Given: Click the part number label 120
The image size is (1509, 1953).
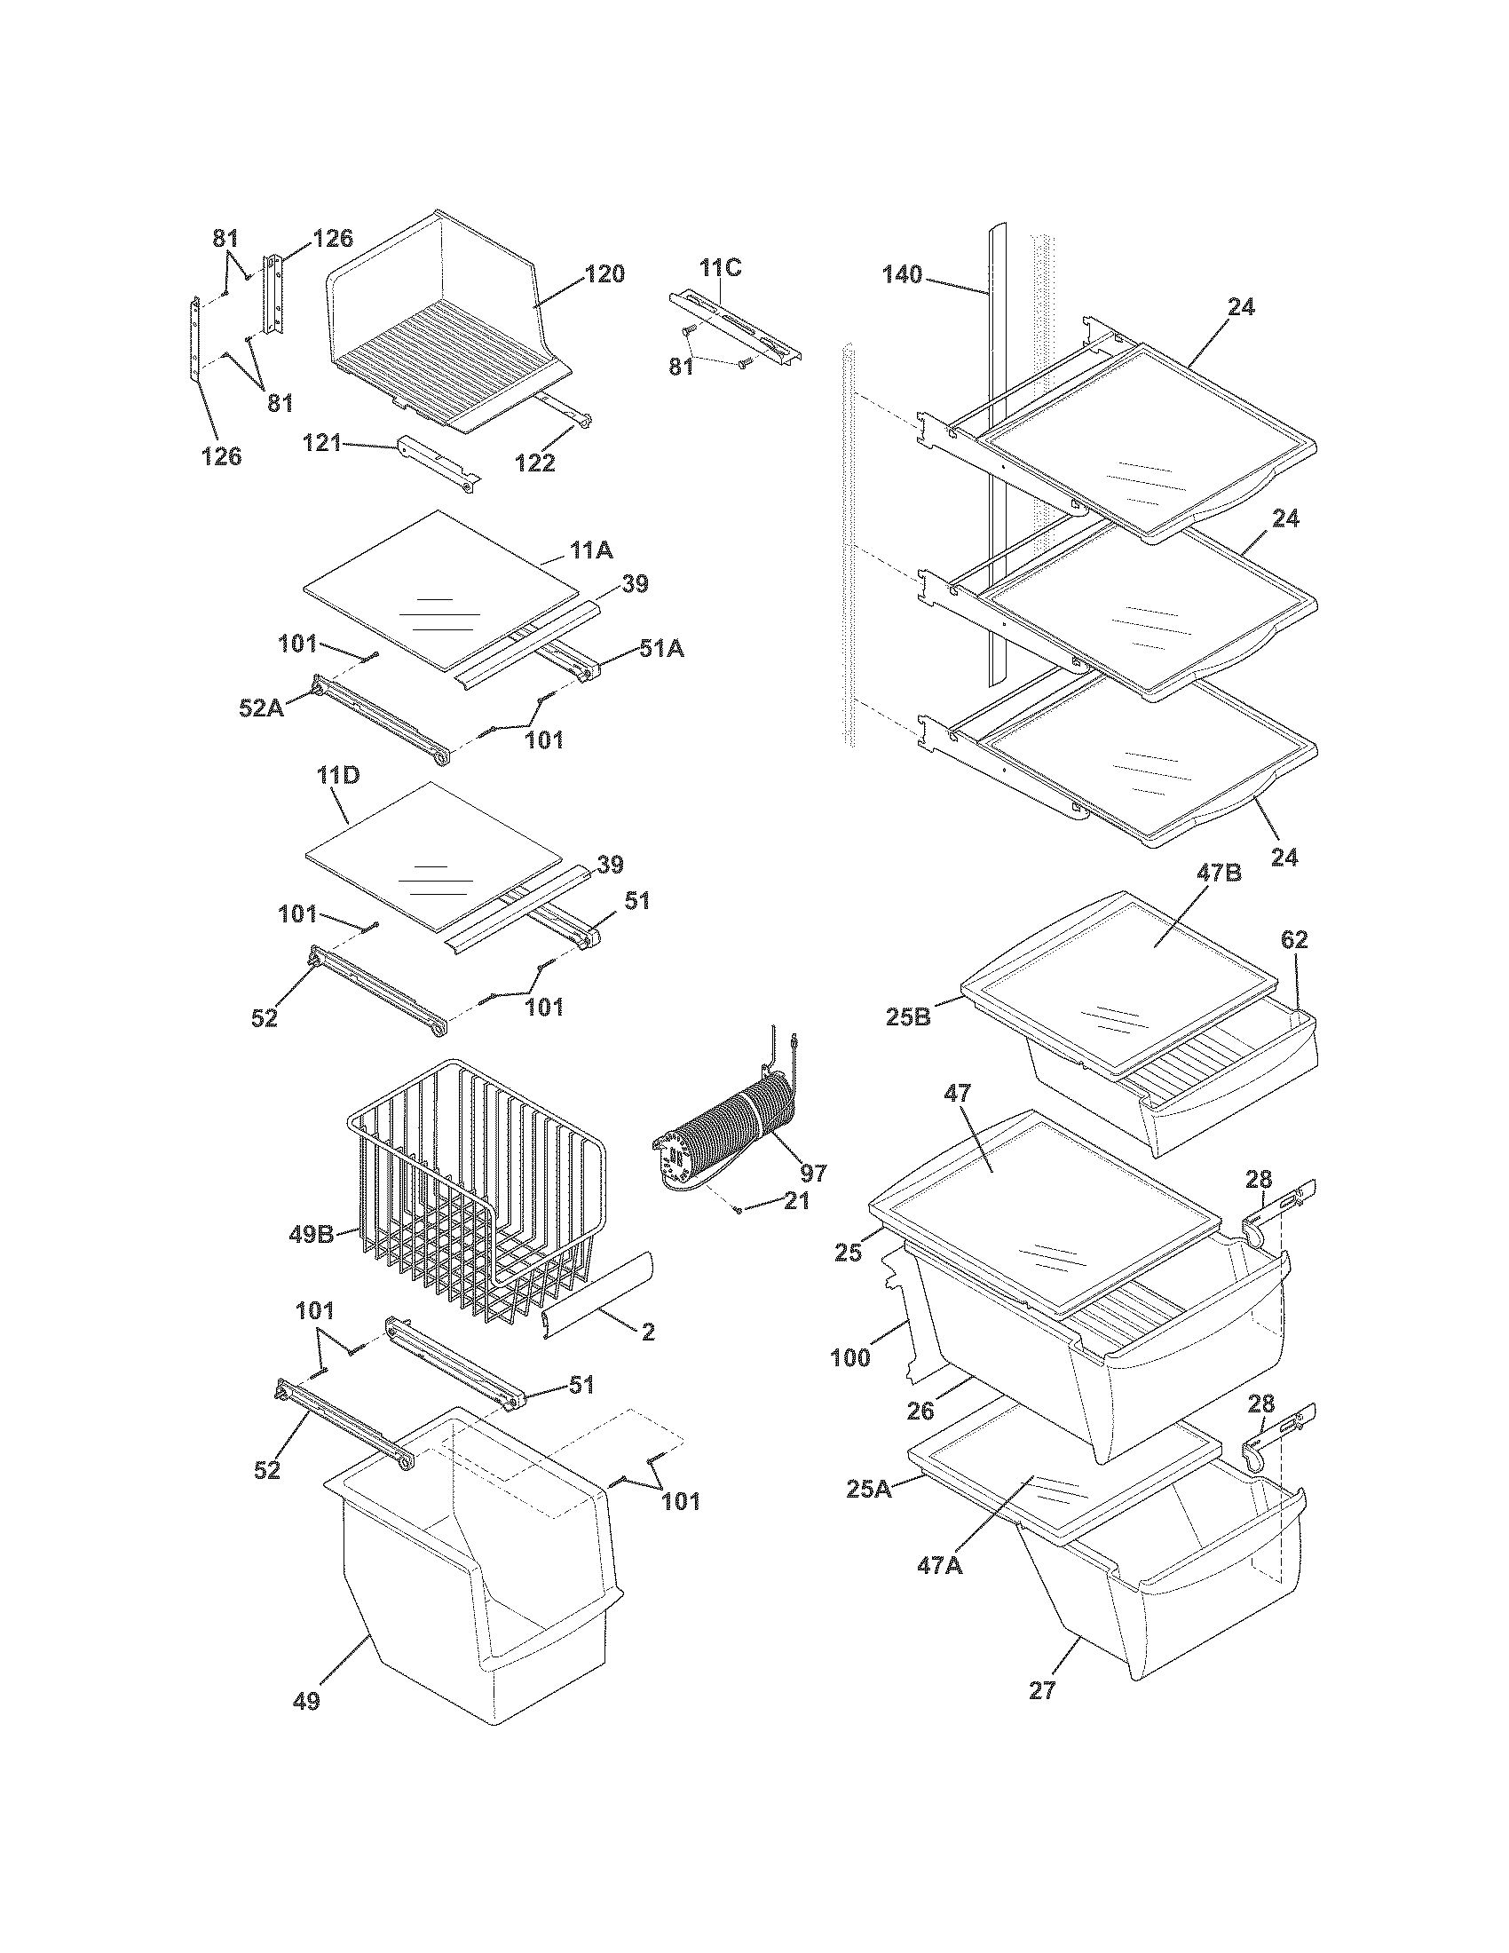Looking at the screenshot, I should click(x=605, y=274).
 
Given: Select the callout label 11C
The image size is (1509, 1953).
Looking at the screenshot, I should click(x=720, y=267).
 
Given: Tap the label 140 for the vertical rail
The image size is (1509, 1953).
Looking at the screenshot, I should click(x=902, y=275).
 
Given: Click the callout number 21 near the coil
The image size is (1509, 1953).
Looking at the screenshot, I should click(x=795, y=1201).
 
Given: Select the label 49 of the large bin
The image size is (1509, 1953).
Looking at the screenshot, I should click(x=305, y=1725).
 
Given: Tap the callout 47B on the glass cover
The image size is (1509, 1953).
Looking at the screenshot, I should click(x=1220, y=874).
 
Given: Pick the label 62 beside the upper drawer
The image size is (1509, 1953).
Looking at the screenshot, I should click(x=1293, y=940).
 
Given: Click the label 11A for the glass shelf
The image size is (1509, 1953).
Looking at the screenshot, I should click(x=591, y=551).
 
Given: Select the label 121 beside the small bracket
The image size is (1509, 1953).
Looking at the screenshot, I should click(x=321, y=442).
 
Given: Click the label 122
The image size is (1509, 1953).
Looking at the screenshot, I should click(x=535, y=463).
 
